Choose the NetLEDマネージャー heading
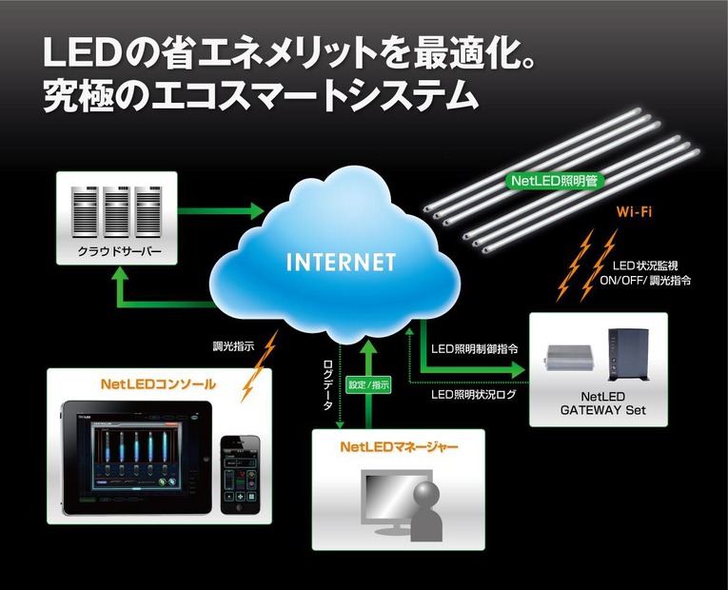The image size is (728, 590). (399, 445)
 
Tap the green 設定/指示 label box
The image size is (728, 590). (369, 385)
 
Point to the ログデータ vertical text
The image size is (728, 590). (329, 384)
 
